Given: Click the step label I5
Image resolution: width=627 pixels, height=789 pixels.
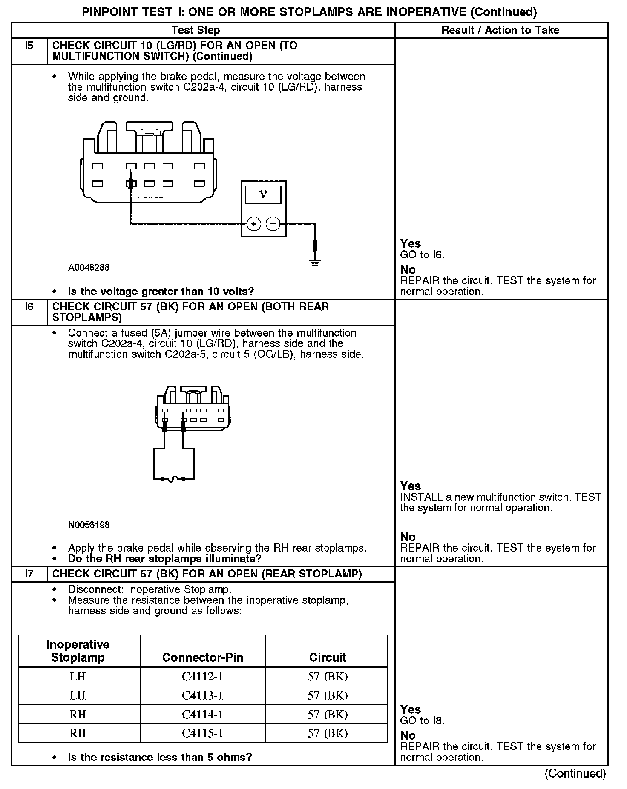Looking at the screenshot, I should pos(29,46).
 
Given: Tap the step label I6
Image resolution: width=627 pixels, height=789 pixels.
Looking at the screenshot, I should pos(29,307).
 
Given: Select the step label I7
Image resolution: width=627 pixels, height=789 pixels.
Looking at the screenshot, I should pos(29,574).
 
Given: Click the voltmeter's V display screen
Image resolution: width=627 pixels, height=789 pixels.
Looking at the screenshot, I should pos(263,195).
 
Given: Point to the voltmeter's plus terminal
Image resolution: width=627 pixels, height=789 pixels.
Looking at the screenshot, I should pos(254,224).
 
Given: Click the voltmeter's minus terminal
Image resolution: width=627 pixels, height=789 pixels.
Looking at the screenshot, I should pos(273,224).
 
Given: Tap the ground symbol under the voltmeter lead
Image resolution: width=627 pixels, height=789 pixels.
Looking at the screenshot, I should pos(315,262).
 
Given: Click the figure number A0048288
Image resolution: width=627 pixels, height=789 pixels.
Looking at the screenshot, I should pos(89,268).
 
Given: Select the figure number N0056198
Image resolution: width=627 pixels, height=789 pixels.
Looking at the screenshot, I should pos(89,525).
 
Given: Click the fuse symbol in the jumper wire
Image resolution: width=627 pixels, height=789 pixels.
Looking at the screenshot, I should pos(173,480).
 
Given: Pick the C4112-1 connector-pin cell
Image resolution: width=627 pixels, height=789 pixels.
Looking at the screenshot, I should pos(203,677).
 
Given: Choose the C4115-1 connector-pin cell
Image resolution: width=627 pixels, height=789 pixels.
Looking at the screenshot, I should pos(203,733).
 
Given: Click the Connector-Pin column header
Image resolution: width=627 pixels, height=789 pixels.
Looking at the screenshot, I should pos(203,657).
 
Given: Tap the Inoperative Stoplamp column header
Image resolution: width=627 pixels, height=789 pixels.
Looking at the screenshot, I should pos(78,651).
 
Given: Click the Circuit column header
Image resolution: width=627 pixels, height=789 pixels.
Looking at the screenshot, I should pos(328,657).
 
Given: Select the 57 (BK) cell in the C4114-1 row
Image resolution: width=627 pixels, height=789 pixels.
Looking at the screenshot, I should pos(328,715).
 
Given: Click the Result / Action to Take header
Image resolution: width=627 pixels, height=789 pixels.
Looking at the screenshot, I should pos(500,30).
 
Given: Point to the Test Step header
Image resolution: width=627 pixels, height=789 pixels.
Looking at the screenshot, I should pos(196,30).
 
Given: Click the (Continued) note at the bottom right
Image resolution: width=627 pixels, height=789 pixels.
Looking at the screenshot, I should pos(575,773).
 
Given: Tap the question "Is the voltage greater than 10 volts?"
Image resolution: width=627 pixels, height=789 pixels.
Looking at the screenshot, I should pos(161,292).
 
